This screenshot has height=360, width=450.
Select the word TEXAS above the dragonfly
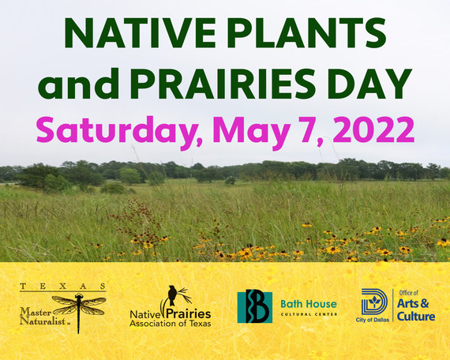coord(64,285)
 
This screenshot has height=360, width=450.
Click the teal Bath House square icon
coord(255,306)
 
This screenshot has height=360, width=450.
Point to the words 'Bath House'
coord(309,303)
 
